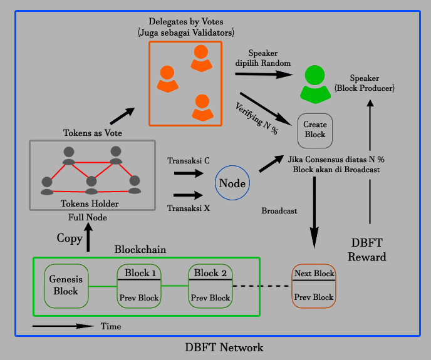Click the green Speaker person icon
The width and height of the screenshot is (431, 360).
pyautogui.click(x=315, y=84)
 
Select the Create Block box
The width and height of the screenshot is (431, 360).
pyautogui.click(x=315, y=131)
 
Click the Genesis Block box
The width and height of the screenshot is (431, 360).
pyautogui.click(x=66, y=285)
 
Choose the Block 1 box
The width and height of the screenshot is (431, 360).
pyautogui.click(x=139, y=285)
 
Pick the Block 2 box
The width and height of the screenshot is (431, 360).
pyautogui.click(x=210, y=285)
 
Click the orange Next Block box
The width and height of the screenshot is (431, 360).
pyautogui.click(x=314, y=285)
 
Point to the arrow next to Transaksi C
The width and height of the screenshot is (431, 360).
pyautogui.click(x=189, y=173)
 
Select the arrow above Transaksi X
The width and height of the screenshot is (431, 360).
pyautogui.click(x=189, y=195)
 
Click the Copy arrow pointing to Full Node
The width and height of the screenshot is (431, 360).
pyautogui.click(x=88, y=237)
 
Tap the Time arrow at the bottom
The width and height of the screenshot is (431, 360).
pyautogui.click(x=63, y=326)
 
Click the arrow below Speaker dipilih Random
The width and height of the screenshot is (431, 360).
pyautogui.click(x=264, y=75)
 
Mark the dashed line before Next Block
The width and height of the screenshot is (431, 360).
pyautogui.click(x=261, y=286)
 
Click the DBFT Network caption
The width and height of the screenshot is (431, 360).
pyautogui.click(x=224, y=347)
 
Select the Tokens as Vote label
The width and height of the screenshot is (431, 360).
pyautogui.click(x=93, y=133)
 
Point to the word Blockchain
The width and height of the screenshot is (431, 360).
pyautogui.click(x=140, y=249)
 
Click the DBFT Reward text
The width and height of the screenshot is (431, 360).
pyautogui.click(x=367, y=250)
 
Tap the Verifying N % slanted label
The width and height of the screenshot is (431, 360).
pyautogui.click(x=256, y=118)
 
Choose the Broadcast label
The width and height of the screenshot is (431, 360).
pyautogui.click(x=279, y=211)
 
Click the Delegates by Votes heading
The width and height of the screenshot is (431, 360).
pyautogui.click(x=186, y=21)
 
